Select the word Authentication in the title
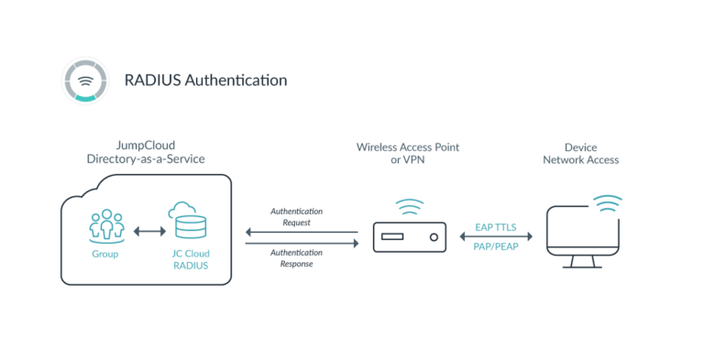tap(236, 81)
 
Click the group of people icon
tap(106, 224)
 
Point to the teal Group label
tap(106, 254)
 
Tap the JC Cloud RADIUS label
tap(188, 259)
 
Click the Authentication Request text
tap(296, 216)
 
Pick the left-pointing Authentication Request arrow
tap(302, 233)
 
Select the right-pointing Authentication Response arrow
tap(302, 244)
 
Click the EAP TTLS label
tap(497, 225)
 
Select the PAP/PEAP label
tap(497, 247)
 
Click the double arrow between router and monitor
tap(496, 236)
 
